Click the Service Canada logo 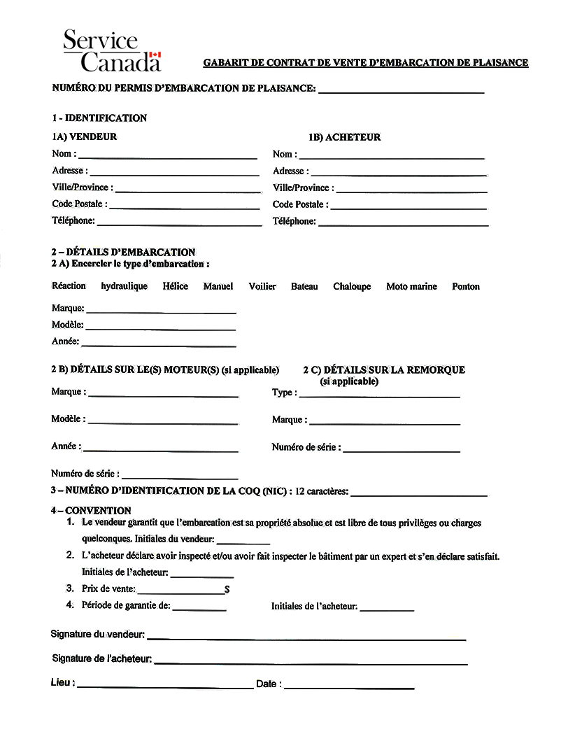(x=112, y=50)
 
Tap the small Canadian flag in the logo (x=156, y=55)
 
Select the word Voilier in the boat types (x=262, y=286)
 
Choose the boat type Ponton (x=466, y=286)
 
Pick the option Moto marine (x=411, y=286)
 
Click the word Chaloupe (x=352, y=286)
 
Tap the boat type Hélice (x=176, y=286)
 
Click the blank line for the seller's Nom (x=168, y=157)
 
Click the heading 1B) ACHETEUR (x=345, y=137)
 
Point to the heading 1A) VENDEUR (x=84, y=137)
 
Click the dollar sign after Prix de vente (x=227, y=590)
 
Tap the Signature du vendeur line (x=306, y=638)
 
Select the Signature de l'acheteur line (x=311, y=662)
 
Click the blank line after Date (x=349, y=687)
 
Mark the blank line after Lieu (x=165, y=687)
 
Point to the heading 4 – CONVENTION (x=91, y=511)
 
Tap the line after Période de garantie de (x=199, y=609)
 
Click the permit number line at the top (x=402, y=92)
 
